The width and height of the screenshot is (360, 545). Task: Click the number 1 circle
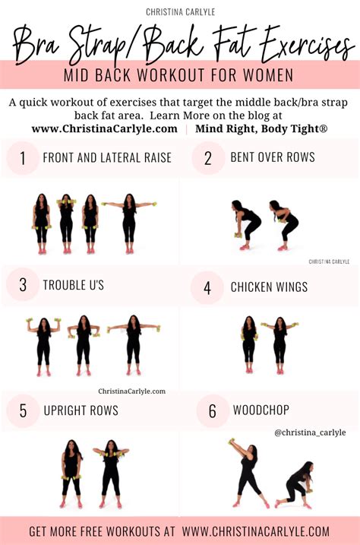pyautogui.click(x=23, y=158)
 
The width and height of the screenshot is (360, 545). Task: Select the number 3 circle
pyautogui.click(x=23, y=286)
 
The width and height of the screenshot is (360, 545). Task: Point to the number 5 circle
pyautogui.click(x=23, y=411)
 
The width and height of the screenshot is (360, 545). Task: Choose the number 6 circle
pyautogui.click(x=212, y=411)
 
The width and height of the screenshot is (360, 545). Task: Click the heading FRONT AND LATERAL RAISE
pyautogui.click(x=107, y=158)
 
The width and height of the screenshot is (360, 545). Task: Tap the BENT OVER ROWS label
pyautogui.click(x=273, y=158)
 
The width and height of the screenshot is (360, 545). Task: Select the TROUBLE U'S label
pyautogui.click(x=74, y=286)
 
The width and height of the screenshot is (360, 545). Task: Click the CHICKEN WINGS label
pyautogui.click(x=269, y=287)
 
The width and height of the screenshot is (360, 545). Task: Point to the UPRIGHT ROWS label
pyautogui.click(x=81, y=411)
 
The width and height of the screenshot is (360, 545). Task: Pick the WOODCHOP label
pyautogui.click(x=261, y=411)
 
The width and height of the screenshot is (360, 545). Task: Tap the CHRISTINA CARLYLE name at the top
pyautogui.click(x=179, y=12)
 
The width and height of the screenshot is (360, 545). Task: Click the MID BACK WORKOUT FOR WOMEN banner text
pyautogui.click(x=180, y=76)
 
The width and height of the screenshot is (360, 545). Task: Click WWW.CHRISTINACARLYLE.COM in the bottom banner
pyautogui.click(x=255, y=531)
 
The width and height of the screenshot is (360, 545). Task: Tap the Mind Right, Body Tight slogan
pyautogui.click(x=261, y=128)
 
